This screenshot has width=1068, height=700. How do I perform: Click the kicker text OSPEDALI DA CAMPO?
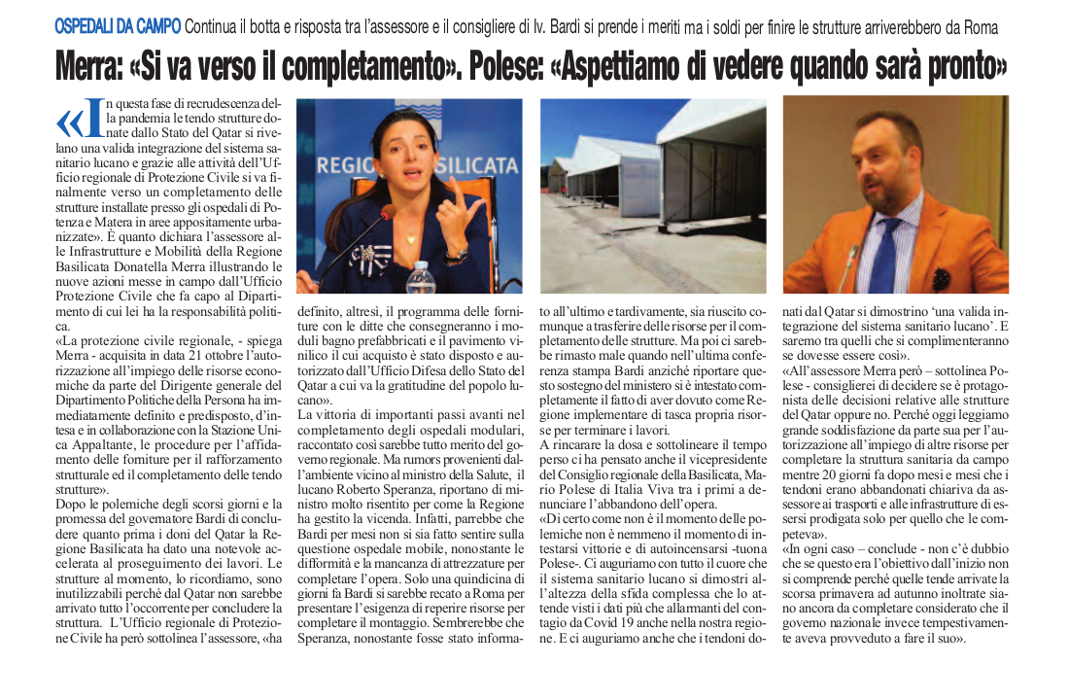(117, 28)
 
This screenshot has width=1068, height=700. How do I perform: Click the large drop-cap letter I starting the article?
(95, 119)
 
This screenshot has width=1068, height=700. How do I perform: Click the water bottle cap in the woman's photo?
(421, 263)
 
